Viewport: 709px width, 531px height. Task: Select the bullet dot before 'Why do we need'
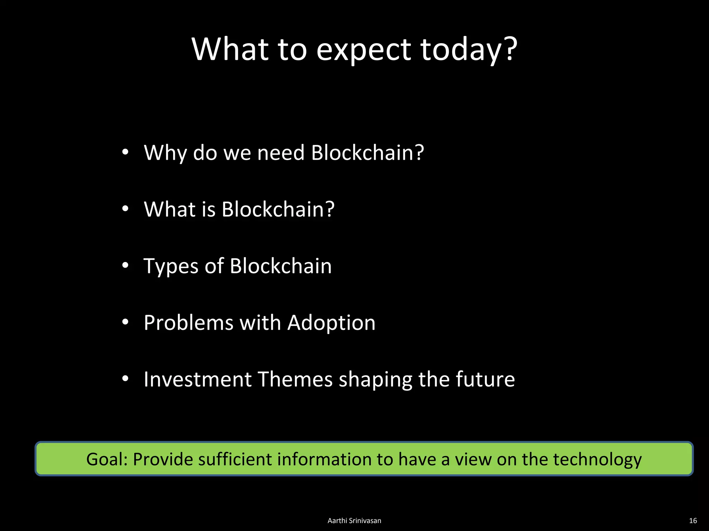[125, 152]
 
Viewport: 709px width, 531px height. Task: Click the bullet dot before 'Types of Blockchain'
[125, 265]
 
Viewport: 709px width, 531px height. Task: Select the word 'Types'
[171, 266]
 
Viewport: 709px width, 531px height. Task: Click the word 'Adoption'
[331, 323]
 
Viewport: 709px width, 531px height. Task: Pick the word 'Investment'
[198, 379]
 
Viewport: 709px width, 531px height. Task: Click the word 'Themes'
[295, 379]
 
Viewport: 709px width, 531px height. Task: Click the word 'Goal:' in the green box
[107, 459]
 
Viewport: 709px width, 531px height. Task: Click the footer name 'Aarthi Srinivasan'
[354, 521]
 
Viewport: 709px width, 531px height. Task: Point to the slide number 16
[693, 521]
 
